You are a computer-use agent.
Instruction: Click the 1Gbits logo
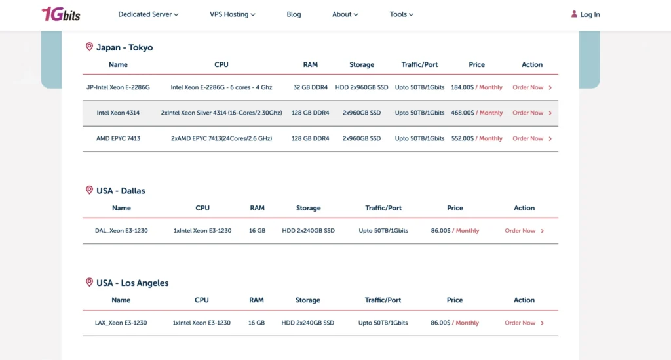tap(60, 14)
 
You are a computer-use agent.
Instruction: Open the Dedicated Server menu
tap(148, 14)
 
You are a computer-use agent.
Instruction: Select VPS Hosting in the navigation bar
tap(232, 14)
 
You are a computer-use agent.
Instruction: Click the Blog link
tap(294, 14)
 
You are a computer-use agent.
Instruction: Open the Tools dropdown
tap(401, 14)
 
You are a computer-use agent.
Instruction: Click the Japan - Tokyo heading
tap(125, 47)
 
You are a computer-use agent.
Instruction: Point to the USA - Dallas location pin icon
tap(89, 190)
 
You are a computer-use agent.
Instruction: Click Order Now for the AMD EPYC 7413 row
tap(528, 138)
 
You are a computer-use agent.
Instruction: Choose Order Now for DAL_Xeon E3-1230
tap(520, 231)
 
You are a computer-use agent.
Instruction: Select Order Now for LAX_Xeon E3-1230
tap(520, 323)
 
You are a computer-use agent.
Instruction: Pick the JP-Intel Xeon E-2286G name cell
tap(118, 87)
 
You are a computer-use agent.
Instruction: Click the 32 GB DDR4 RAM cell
tap(311, 87)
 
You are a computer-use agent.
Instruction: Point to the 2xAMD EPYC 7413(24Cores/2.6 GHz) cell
tap(221, 138)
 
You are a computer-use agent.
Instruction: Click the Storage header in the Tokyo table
tap(362, 64)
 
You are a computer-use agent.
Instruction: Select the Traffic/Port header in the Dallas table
tap(383, 208)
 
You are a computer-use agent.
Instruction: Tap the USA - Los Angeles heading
tap(132, 283)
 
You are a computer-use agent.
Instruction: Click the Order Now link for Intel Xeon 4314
tap(528, 113)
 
